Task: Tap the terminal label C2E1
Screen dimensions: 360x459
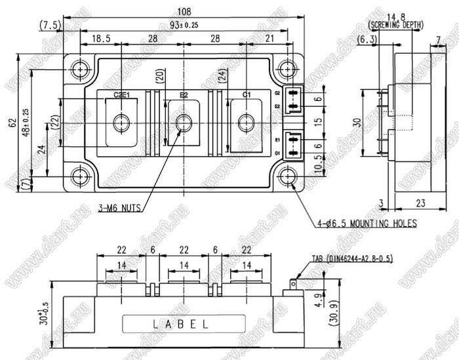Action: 121,95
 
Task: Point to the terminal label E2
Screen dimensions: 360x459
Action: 184,95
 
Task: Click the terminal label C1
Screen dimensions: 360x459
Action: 247,95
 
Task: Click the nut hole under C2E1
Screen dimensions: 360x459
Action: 121,122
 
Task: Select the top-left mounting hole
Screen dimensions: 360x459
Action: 81,68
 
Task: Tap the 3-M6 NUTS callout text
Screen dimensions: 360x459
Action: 120,209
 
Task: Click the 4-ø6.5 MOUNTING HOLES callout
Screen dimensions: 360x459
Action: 368,224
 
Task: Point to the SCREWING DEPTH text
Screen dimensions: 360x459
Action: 396,25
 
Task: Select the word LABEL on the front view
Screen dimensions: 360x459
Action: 182,324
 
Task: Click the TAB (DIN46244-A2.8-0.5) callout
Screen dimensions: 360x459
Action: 351,258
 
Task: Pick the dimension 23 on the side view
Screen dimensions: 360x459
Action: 420,203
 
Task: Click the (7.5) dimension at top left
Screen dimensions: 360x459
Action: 50,25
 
